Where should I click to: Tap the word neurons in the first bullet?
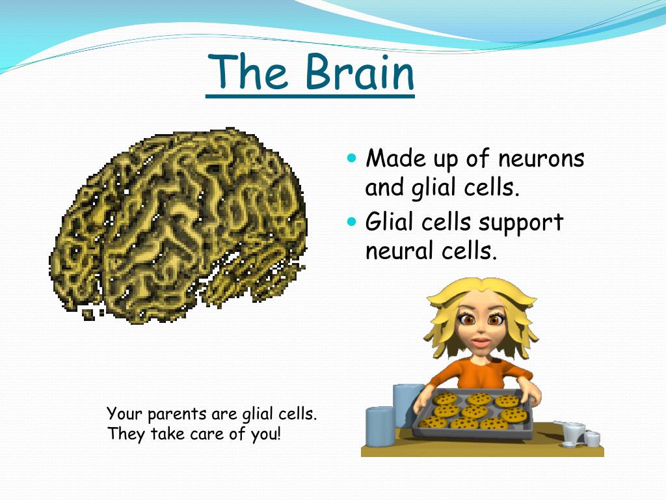pyautogui.click(x=540, y=159)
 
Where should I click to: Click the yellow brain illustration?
pyautogui.click(x=178, y=225)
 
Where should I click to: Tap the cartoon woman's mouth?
pyautogui.click(x=480, y=342)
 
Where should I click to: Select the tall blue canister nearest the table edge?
pyautogui.click(x=380, y=426)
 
